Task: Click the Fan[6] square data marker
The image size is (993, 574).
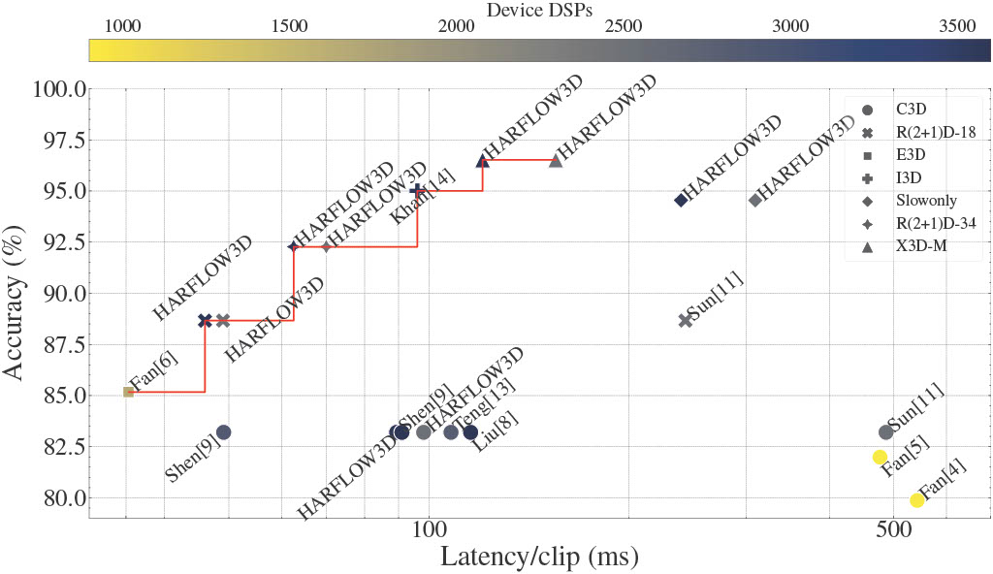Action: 128,392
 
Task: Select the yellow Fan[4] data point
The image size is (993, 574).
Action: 916,500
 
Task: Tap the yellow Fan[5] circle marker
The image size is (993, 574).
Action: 881,457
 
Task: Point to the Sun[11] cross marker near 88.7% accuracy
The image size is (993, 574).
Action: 686,320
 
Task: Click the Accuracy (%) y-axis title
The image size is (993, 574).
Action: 18,303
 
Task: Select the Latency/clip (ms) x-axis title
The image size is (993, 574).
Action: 538,558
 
